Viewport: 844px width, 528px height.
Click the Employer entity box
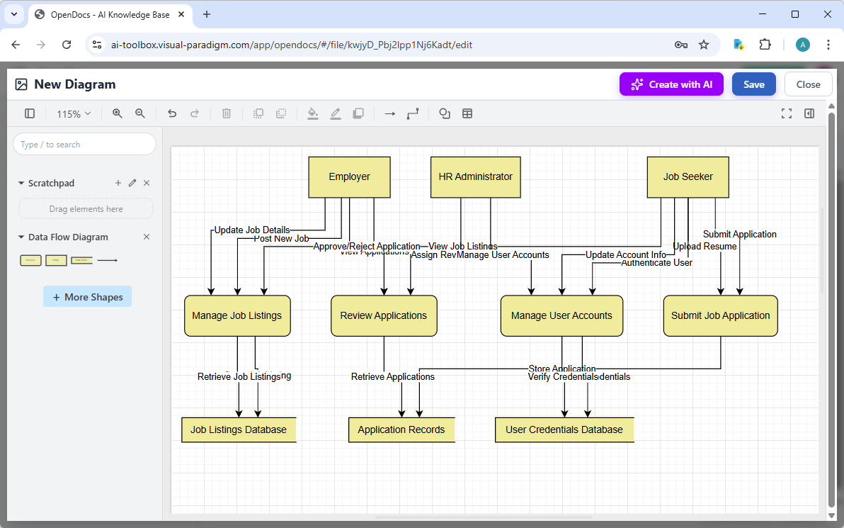click(349, 177)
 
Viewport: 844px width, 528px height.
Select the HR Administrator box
click(476, 177)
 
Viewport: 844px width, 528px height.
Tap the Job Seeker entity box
click(688, 177)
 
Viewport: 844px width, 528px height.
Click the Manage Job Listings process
click(237, 315)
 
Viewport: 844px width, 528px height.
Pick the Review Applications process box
click(384, 315)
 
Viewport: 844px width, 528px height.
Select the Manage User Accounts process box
click(561, 315)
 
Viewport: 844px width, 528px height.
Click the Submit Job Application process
click(720, 315)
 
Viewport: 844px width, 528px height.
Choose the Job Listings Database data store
click(239, 429)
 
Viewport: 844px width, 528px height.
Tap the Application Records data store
click(401, 429)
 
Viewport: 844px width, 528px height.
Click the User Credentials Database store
click(564, 429)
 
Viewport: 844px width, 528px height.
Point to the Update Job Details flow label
click(251, 230)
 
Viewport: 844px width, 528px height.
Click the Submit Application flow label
click(739, 234)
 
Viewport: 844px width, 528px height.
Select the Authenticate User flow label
click(656, 263)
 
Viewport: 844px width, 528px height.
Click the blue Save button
click(753, 84)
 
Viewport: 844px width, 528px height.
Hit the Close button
click(808, 84)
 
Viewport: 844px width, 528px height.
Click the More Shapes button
click(87, 297)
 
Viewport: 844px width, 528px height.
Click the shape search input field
click(84, 144)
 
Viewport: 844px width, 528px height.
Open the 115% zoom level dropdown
click(74, 113)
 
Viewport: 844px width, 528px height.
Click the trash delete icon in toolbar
click(227, 113)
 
